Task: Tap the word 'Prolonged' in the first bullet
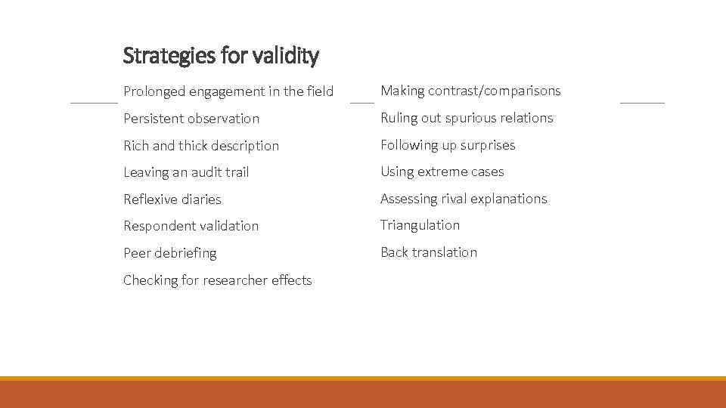click(154, 91)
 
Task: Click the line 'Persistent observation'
click(191, 119)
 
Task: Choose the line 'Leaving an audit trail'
click(186, 172)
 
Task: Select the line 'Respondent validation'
click(191, 226)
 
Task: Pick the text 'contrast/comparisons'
click(495, 91)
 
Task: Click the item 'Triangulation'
click(420, 225)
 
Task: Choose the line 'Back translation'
click(429, 252)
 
